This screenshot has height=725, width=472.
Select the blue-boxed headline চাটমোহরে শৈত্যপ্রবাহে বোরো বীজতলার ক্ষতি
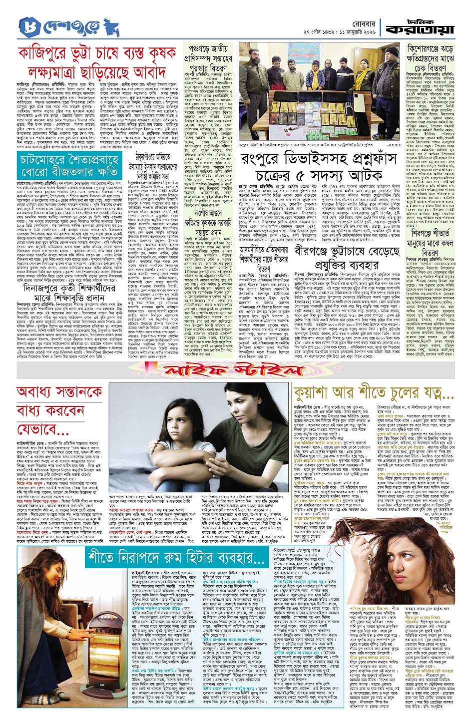point(70,165)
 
